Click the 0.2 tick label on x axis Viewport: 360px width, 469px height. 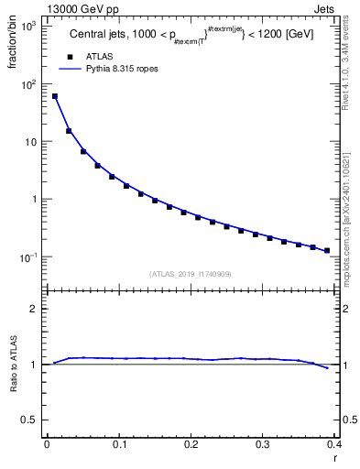(191, 445)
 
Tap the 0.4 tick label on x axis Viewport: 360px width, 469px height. (334, 445)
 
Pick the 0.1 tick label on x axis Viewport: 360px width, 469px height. (118, 445)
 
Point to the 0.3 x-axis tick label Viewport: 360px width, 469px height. (262, 445)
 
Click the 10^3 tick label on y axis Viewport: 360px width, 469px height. (28, 26)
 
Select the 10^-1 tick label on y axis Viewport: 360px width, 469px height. (28, 257)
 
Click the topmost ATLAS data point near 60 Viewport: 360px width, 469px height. (54, 96)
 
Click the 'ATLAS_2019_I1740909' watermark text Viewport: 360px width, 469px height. (191, 274)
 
